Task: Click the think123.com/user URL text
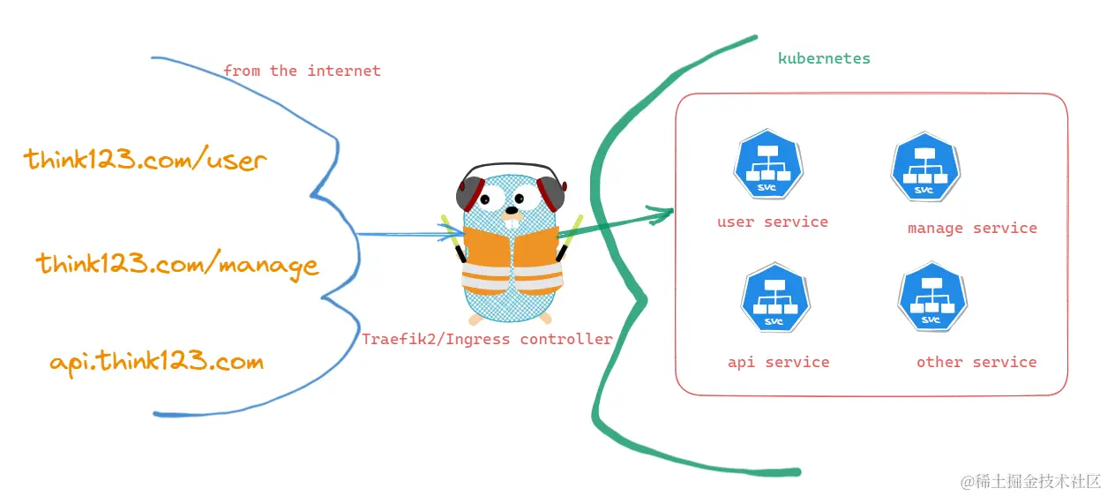pyautogui.click(x=145, y=160)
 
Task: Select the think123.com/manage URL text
pyautogui.click(x=176, y=264)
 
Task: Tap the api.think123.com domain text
pyautogui.click(x=156, y=361)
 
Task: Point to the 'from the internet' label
pyautogui.click(x=302, y=71)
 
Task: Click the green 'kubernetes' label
pyautogui.click(x=824, y=59)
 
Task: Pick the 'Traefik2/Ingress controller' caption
pyautogui.click(x=487, y=339)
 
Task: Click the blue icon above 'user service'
pyautogui.click(x=767, y=167)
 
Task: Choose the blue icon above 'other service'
pyautogui.click(x=931, y=297)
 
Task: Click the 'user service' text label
pyautogui.click(x=773, y=222)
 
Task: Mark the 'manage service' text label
pyautogui.click(x=972, y=228)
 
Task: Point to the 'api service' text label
pyautogui.click(x=778, y=362)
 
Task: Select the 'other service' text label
pyautogui.click(x=976, y=362)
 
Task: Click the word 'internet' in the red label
pyautogui.click(x=344, y=71)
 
